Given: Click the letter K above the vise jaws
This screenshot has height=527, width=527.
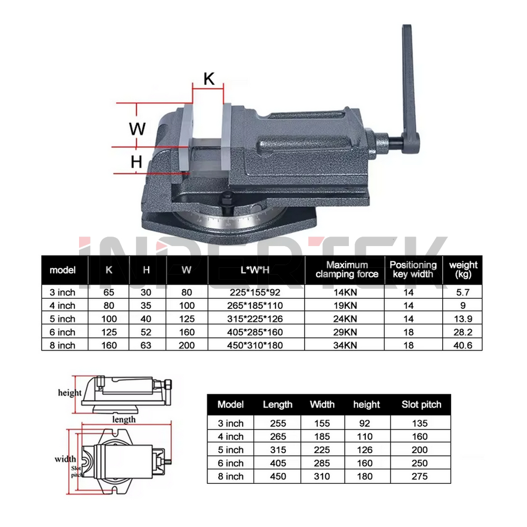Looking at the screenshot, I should [x=209, y=79].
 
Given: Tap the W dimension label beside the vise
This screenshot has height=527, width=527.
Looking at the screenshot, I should [x=137, y=128].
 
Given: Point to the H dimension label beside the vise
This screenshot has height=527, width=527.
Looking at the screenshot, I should [x=136, y=162].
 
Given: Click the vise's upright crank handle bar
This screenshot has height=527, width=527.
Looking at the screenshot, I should [x=408, y=79].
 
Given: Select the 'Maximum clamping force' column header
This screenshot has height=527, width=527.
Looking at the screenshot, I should [x=347, y=269].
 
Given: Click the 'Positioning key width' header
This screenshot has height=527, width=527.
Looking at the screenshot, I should [x=413, y=269].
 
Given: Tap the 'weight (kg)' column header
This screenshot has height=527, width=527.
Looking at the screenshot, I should [x=463, y=269].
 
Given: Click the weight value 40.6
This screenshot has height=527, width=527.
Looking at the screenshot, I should [x=463, y=345].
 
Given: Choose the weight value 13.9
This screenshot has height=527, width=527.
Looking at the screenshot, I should [x=463, y=319].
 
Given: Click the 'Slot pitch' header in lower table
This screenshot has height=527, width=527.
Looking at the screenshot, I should [x=421, y=405].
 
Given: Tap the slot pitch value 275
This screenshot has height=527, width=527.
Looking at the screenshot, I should [x=421, y=476].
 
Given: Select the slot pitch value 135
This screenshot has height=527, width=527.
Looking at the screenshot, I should [x=421, y=423].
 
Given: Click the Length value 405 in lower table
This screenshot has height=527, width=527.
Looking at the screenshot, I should [x=278, y=463].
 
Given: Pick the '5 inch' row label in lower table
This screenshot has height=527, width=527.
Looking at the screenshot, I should [x=231, y=450].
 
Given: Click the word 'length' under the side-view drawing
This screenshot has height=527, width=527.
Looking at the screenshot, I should [x=124, y=419].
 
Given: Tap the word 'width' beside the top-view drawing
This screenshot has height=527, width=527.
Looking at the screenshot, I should [x=65, y=459].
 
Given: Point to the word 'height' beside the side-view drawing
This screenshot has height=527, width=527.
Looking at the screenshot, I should [x=70, y=393].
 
